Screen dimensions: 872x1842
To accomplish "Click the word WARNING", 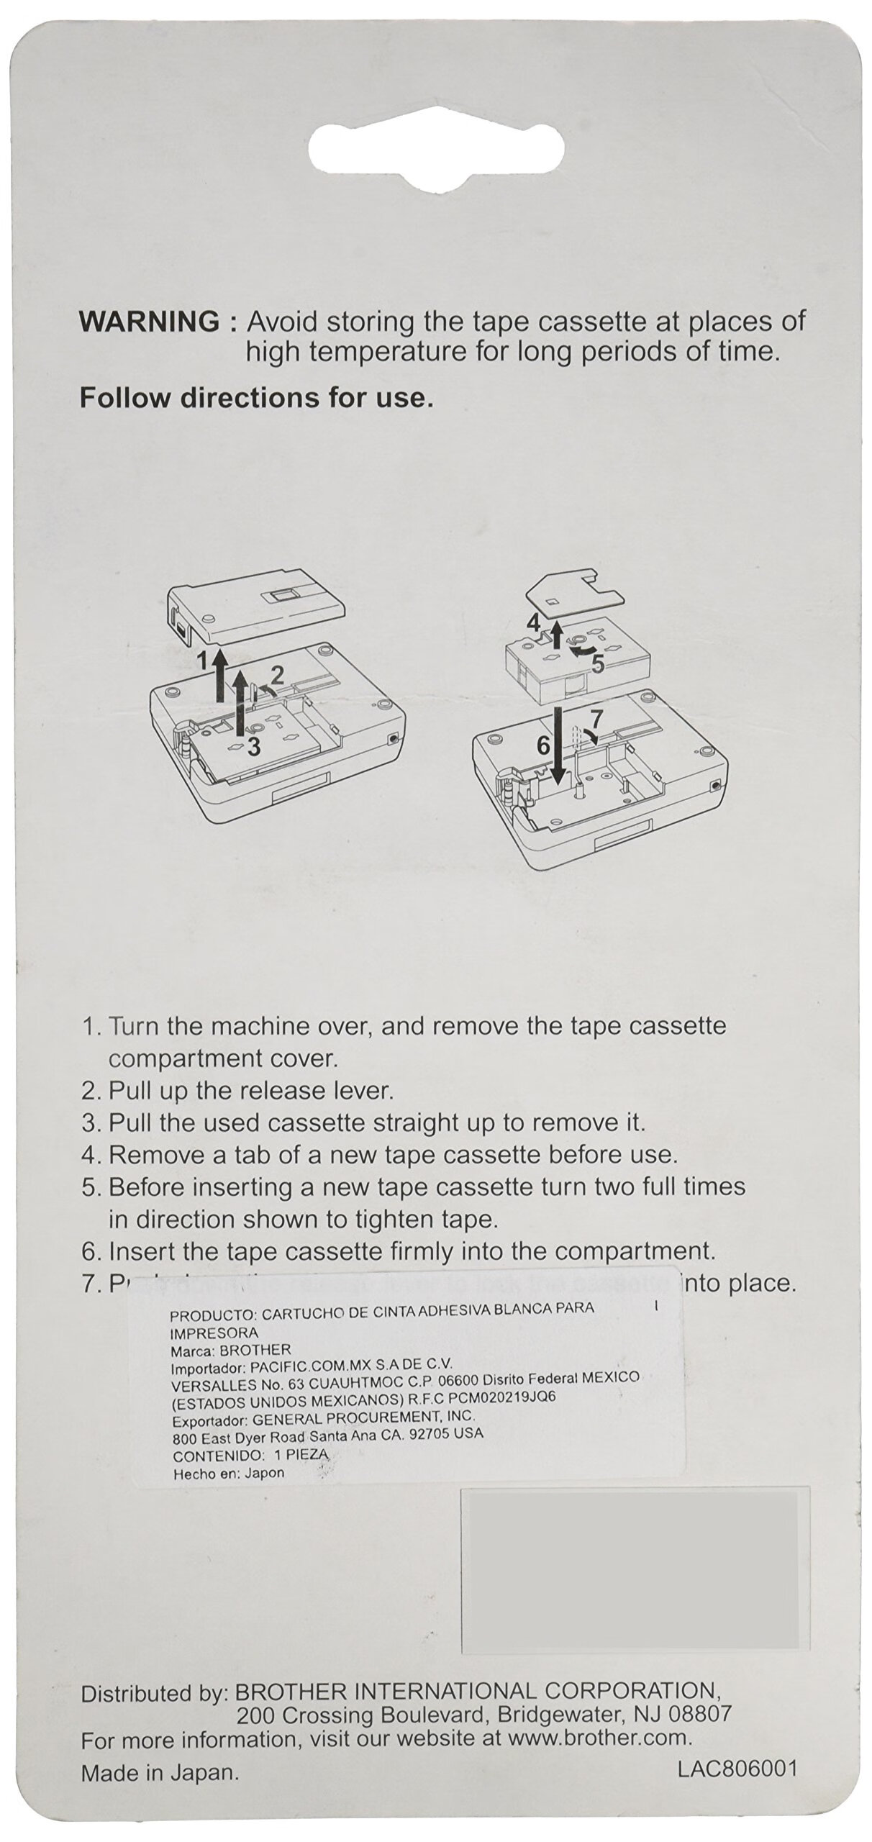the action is pos(148,322).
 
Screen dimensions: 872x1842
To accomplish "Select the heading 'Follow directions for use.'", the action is pos(256,398).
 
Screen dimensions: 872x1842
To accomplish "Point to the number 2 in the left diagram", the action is pos(277,674).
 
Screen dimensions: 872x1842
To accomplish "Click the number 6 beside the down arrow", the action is pos(544,745).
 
